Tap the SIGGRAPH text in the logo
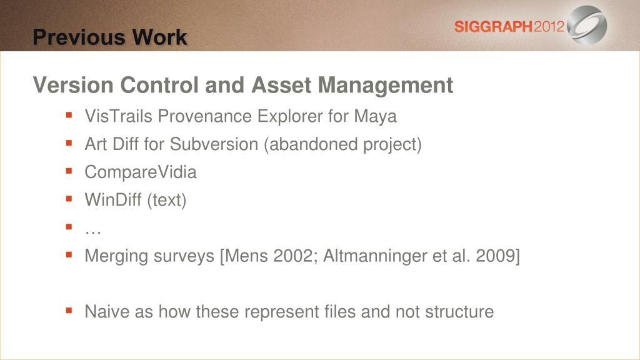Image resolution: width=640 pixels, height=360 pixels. pyautogui.click(x=494, y=27)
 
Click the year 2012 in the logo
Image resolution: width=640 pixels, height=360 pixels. pyautogui.click(x=549, y=27)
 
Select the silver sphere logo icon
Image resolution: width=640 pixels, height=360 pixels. pyautogui.click(x=587, y=25)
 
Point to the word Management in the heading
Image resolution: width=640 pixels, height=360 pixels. pyautogui.click(x=385, y=86)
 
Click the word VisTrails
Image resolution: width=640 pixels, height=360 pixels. pyautogui.click(x=118, y=116)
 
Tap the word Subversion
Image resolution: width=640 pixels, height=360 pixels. pyautogui.click(x=214, y=144)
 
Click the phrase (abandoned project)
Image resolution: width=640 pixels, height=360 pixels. pyautogui.click(x=343, y=144)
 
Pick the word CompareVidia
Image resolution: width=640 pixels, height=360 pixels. pyautogui.click(x=141, y=172)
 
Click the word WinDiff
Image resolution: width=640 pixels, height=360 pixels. pyautogui.click(x=113, y=200)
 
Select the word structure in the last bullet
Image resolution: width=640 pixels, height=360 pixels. pyautogui.click(x=459, y=312)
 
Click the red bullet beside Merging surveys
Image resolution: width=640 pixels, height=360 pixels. pyautogui.click(x=69, y=255)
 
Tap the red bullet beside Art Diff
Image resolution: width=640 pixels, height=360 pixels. pyautogui.click(x=69, y=143)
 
